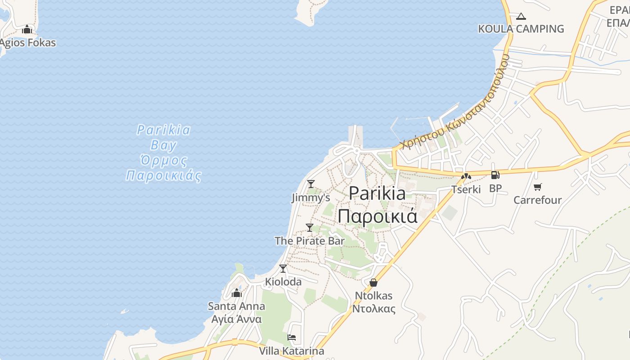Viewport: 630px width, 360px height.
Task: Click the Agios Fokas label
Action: pos(27,43)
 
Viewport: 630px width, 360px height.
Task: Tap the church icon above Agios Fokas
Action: pos(27,30)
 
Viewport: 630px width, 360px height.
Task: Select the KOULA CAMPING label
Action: pos(521,29)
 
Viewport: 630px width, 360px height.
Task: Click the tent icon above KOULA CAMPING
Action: pos(521,17)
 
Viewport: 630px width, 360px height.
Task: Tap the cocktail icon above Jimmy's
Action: pos(310,184)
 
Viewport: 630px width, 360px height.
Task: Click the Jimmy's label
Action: pos(310,198)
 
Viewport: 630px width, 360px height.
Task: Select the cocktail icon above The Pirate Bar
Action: pos(310,228)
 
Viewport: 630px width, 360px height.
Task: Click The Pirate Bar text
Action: pos(310,241)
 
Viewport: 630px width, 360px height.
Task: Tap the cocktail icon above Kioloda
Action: pos(283,269)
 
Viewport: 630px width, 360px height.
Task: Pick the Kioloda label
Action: pos(283,282)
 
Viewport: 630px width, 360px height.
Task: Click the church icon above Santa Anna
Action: pos(236,293)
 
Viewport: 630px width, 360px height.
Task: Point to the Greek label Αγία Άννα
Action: pos(236,319)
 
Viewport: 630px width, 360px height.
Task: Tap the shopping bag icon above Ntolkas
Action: pos(373,283)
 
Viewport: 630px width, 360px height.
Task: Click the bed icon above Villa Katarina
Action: pos(292,337)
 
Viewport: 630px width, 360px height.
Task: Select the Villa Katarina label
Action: pos(292,351)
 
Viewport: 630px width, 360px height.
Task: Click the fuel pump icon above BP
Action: pos(495,175)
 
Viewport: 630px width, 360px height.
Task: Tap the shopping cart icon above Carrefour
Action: pos(537,187)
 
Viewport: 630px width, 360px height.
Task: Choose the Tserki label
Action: pos(466,189)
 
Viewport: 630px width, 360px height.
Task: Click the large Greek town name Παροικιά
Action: pos(378,216)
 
